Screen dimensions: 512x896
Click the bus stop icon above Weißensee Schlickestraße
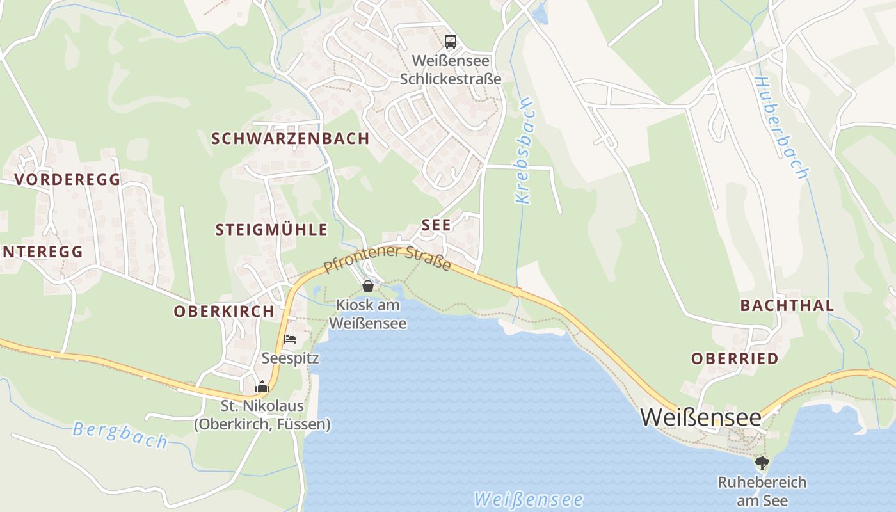click(451, 42)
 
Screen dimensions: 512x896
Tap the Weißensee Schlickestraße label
click(451, 70)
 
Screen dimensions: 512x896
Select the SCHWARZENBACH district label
click(291, 138)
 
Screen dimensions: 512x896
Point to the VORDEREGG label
click(68, 179)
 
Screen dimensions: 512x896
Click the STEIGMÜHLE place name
click(271, 230)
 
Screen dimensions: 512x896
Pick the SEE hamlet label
click(436, 225)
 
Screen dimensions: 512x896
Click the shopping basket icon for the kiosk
click(368, 285)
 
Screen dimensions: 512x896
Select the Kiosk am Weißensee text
click(368, 314)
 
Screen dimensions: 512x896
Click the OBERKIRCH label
click(224, 312)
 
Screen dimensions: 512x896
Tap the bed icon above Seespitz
click(290, 339)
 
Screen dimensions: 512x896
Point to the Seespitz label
click(290, 358)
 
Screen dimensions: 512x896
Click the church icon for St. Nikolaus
click(262, 386)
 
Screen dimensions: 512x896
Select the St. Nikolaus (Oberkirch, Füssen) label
click(262, 415)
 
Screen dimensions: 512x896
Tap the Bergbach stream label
click(120, 435)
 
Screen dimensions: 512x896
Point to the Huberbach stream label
click(781, 128)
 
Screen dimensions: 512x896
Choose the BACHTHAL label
click(787, 305)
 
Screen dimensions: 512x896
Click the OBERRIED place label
click(735, 358)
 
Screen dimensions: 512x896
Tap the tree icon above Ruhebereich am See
click(762, 462)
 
